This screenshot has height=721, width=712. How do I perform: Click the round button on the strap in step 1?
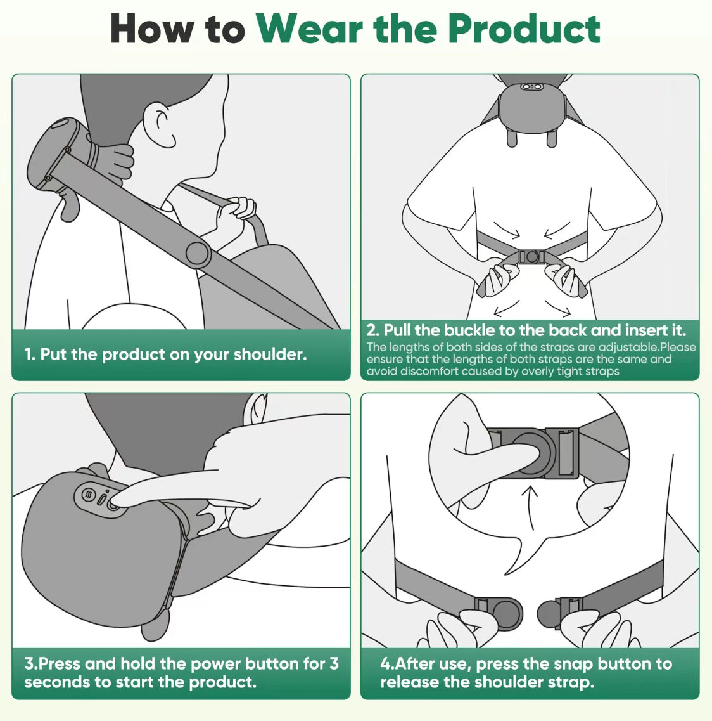tap(198, 254)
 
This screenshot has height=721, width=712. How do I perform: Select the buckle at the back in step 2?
tap(531, 257)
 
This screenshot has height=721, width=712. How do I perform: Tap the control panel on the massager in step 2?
tap(531, 86)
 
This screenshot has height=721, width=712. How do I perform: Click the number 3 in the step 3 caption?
tap(334, 664)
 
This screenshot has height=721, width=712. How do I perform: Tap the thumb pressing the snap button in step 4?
tap(519, 450)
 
